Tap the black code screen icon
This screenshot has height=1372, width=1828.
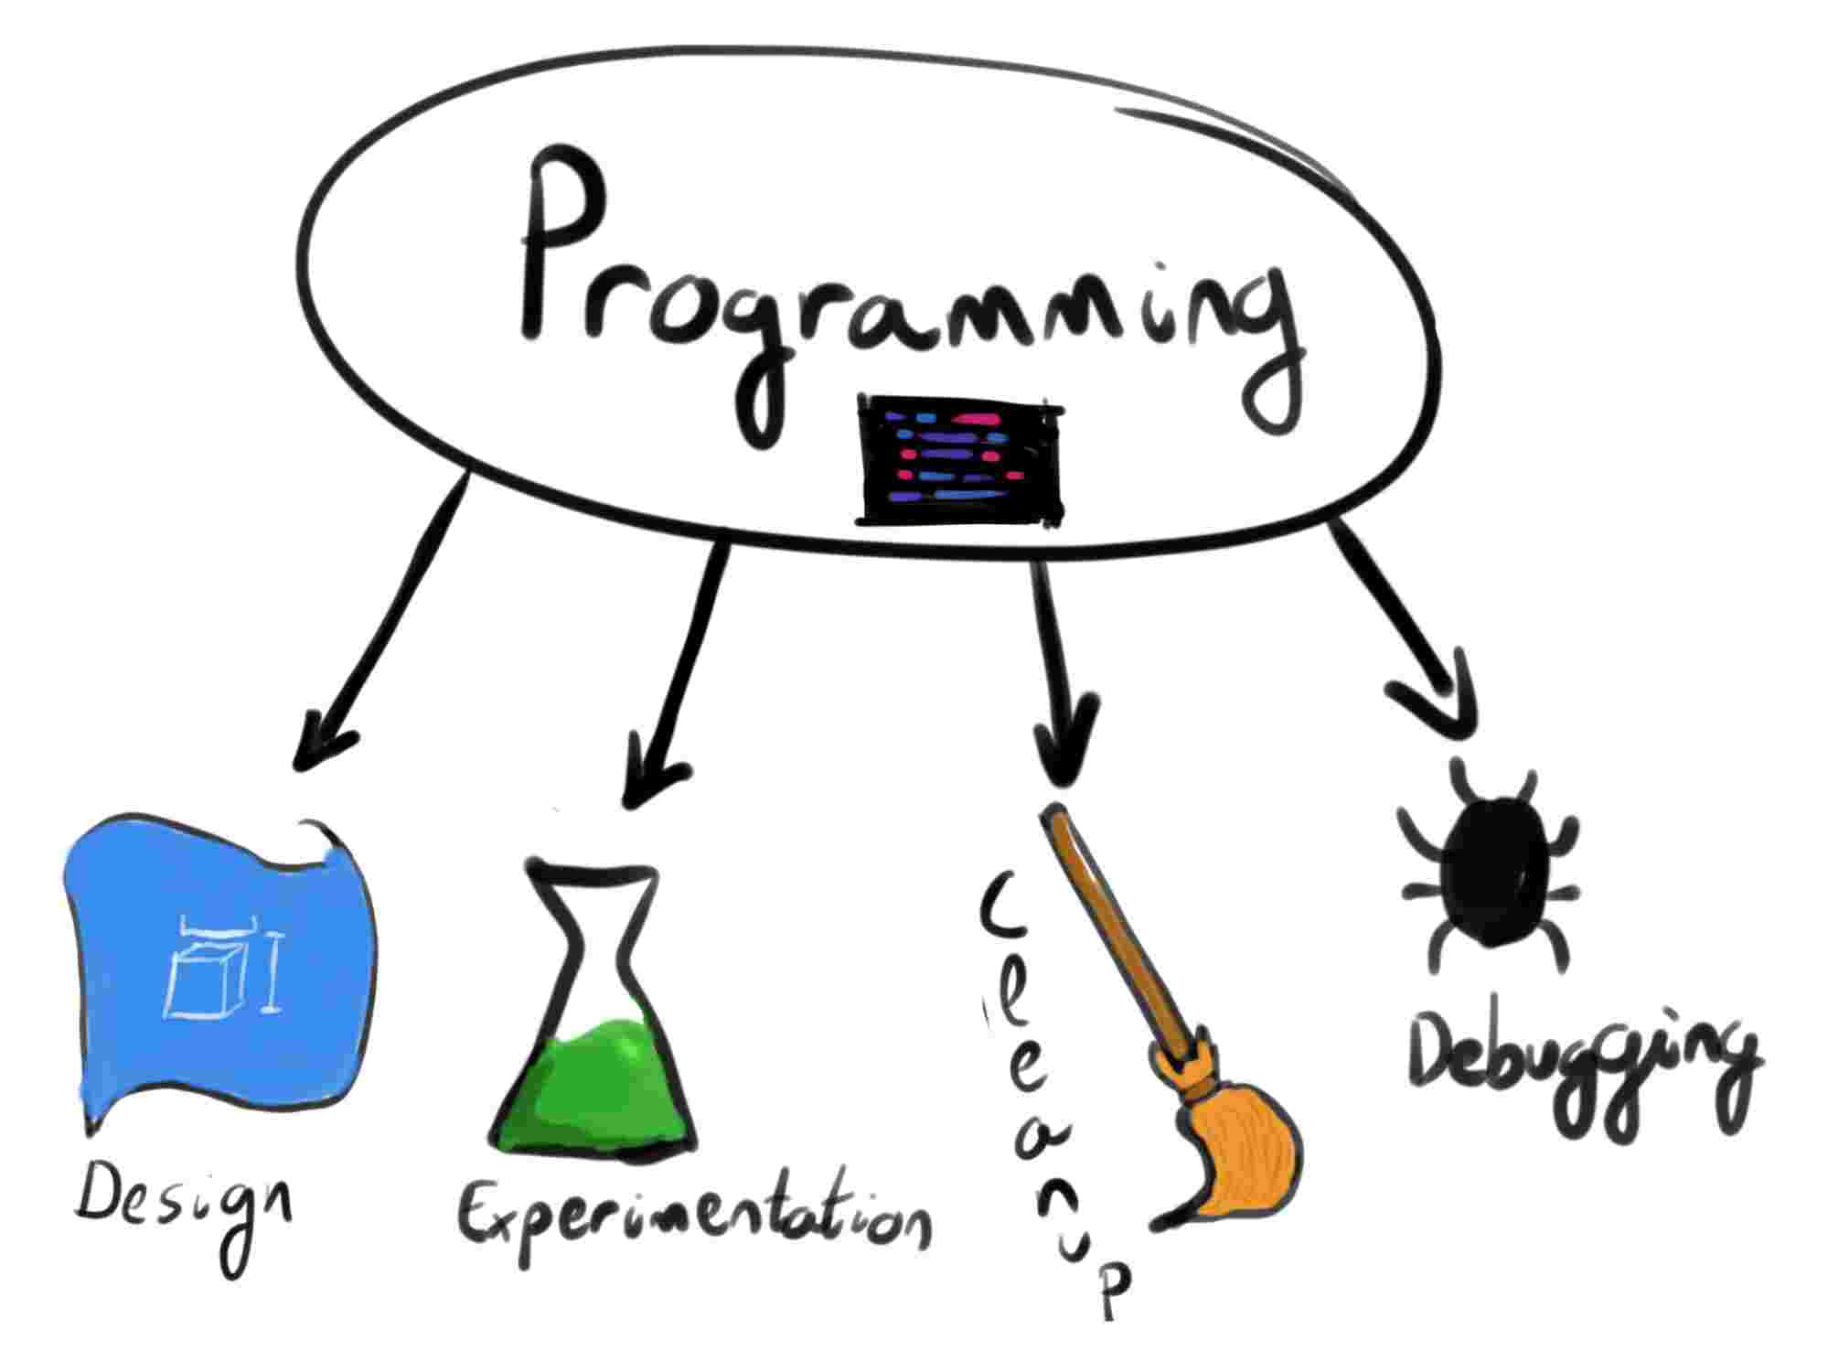click(x=959, y=461)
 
